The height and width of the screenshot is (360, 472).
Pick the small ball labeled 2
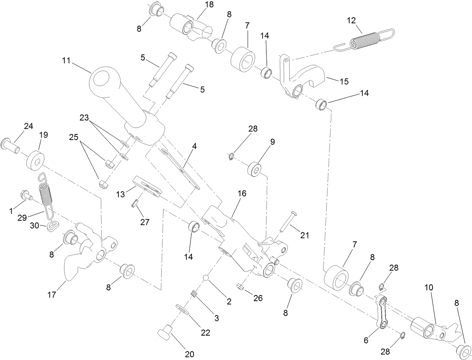pos(206,278)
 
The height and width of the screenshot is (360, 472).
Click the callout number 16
pos(242,193)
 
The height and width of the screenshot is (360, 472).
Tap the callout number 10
pos(429,288)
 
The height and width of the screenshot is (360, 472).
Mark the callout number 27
pos(145,222)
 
